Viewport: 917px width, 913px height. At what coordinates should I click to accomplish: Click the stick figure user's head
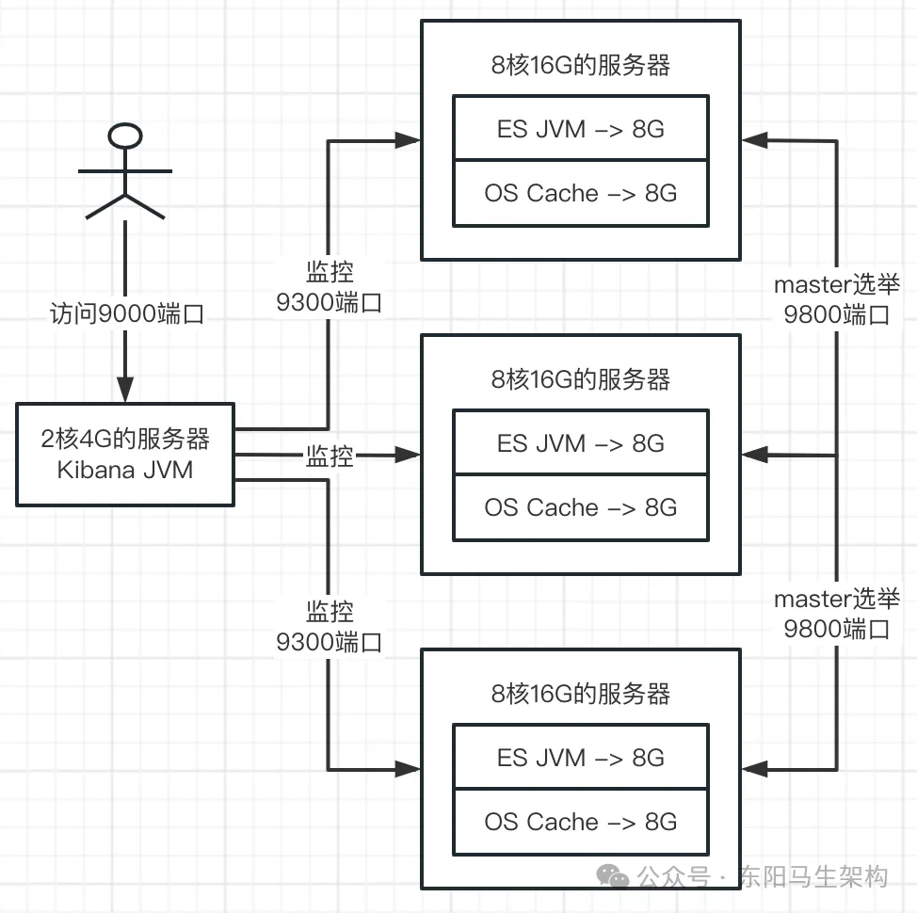click(125, 137)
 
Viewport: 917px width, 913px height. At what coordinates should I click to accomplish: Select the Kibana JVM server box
click(125, 455)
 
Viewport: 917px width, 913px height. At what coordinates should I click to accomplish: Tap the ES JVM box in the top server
click(580, 128)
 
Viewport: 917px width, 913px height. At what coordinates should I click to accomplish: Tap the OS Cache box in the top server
click(580, 193)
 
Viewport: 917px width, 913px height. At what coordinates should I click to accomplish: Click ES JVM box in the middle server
click(580, 442)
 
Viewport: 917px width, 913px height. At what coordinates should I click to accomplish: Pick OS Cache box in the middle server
click(580, 507)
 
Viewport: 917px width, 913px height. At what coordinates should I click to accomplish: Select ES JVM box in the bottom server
click(580, 757)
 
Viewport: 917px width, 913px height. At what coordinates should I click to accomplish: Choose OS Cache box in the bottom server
click(580, 822)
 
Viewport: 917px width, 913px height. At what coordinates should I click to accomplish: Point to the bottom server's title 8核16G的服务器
click(580, 694)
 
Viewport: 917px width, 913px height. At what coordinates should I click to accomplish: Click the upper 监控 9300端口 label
click(329, 287)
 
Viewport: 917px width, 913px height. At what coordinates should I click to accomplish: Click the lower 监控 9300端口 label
click(329, 627)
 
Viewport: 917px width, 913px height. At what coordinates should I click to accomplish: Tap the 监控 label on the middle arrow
click(329, 456)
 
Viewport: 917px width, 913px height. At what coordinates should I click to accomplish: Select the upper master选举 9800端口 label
click(836, 299)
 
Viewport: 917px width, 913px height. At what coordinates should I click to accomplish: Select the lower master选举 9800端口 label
click(836, 614)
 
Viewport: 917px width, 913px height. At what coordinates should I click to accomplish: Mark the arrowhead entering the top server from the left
click(409, 141)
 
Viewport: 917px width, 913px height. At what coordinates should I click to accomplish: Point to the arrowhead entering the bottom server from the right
click(753, 767)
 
